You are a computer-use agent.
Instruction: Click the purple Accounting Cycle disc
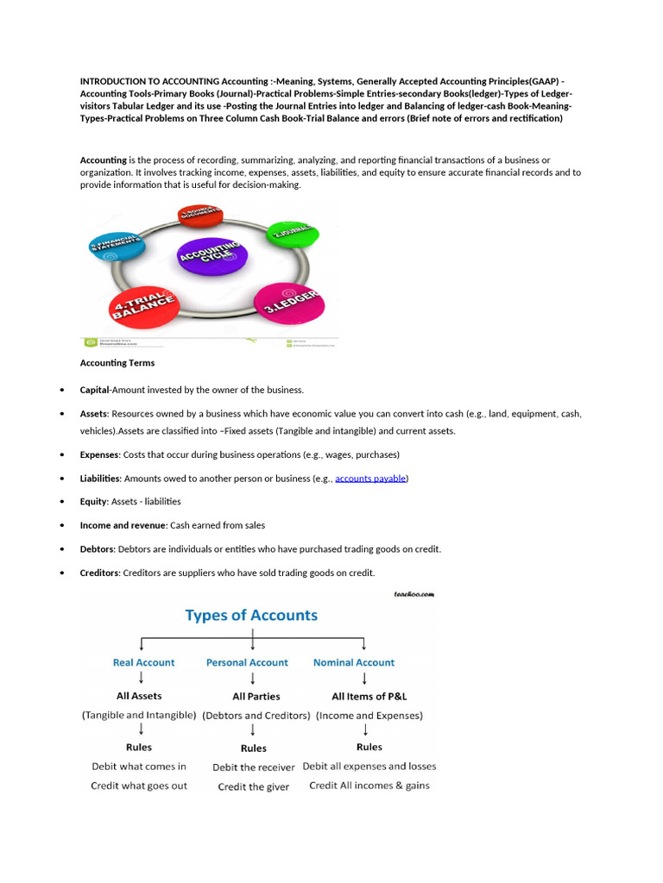pos(212,254)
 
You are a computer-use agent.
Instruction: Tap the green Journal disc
pos(292,233)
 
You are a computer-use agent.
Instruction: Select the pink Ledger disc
pos(288,303)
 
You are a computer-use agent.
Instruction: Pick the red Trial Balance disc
pos(144,303)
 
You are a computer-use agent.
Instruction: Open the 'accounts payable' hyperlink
pos(371,478)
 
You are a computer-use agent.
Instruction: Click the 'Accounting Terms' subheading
pos(117,363)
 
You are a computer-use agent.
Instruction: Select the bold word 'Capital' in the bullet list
pos(96,390)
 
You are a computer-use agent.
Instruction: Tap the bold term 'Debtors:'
pos(98,548)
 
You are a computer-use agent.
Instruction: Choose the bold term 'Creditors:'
pos(100,573)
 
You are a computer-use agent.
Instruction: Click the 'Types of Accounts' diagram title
pos(251,616)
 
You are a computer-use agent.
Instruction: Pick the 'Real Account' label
pos(143,662)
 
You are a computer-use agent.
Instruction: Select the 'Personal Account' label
pos(247,662)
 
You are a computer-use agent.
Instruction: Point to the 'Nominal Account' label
pos(354,662)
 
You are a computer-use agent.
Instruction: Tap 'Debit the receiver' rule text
pos(254,767)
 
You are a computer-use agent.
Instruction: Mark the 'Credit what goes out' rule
pos(139,786)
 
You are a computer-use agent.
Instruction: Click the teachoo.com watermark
pos(413,594)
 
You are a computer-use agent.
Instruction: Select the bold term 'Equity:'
pos(94,501)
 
